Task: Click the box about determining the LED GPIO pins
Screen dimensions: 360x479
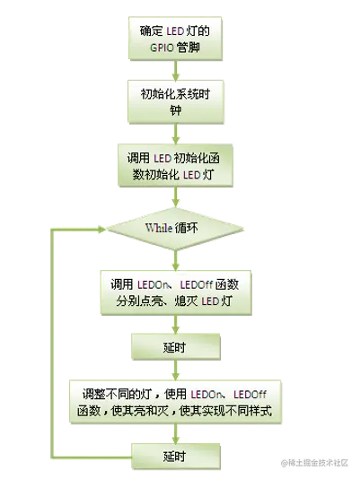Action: pos(175,39)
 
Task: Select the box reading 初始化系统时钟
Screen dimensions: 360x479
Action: pos(176,101)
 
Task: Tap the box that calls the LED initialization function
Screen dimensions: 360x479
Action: pos(176,165)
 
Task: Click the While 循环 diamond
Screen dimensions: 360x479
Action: pos(175,229)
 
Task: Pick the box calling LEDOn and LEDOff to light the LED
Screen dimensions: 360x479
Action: pos(176,292)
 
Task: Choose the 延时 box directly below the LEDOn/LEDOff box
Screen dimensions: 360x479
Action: pos(176,347)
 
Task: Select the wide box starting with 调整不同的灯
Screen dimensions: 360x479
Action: pos(175,402)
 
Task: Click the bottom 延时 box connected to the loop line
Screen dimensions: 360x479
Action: pos(176,457)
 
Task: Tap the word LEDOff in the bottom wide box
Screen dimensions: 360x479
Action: pos(250,395)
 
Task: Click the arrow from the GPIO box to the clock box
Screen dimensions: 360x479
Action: pos(176,70)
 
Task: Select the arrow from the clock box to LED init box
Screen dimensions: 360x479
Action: pos(176,134)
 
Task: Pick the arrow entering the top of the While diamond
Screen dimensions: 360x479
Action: pos(176,197)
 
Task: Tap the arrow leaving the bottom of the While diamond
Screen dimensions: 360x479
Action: pos(176,260)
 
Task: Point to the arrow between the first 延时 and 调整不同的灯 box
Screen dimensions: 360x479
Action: pos(176,370)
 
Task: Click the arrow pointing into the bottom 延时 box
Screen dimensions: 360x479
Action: pos(176,433)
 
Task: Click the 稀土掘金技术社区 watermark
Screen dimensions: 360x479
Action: pos(314,463)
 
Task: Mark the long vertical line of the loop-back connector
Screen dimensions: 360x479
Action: pos(52,344)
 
